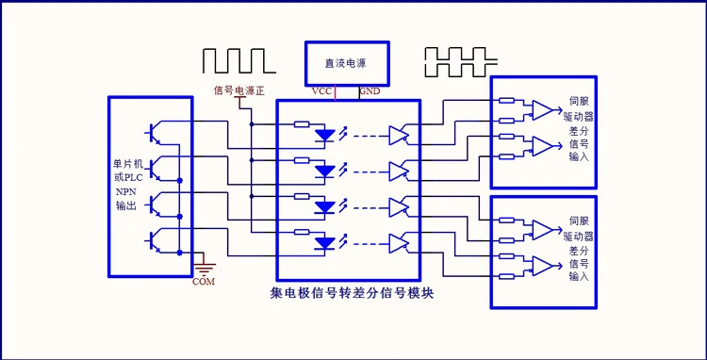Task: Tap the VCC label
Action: coord(322,91)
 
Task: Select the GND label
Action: coord(370,91)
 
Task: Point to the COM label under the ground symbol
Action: coord(204,282)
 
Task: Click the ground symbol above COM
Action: coord(205,269)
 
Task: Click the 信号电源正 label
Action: coord(239,90)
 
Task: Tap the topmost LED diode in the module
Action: coord(324,135)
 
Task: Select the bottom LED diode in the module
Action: coord(324,243)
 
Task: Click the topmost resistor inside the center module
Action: coord(302,123)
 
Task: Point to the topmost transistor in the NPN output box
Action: coord(154,132)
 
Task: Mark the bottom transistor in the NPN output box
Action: coord(154,240)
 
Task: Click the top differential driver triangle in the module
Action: coord(399,135)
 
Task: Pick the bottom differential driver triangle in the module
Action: coord(399,243)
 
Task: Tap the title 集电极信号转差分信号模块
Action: coord(353,294)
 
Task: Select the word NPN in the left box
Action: coord(124,191)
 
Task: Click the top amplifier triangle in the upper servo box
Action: coord(542,110)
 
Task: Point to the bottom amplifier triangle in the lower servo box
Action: coord(542,266)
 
